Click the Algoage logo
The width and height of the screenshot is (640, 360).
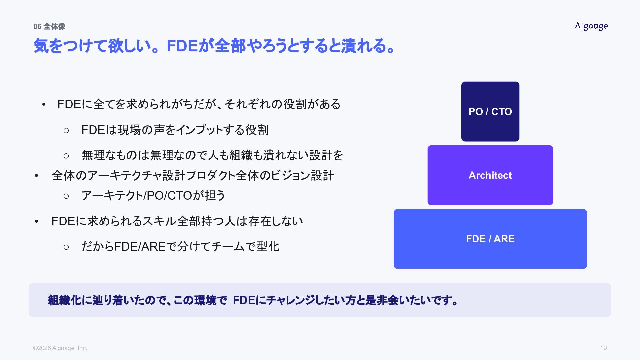pyautogui.click(x=591, y=26)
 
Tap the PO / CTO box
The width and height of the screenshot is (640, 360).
pyautogui.click(x=490, y=111)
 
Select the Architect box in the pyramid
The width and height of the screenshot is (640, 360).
pyautogui.click(x=490, y=175)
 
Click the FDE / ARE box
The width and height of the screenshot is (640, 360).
pyautogui.click(x=490, y=239)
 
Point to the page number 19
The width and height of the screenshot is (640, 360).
pyautogui.click(x=603, y=348)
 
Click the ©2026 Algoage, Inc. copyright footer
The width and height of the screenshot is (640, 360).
pyautogui.click(x=60, y=348)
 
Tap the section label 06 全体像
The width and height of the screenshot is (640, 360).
pyautogui.click(x=49, y=27)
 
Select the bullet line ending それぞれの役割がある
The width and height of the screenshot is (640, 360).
pyautogui.click(x=199, y=104)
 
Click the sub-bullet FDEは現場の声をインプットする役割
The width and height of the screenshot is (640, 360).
pyautogui.click(x=175, y=130)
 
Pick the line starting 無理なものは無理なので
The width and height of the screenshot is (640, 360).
pyautogui.click(x=212, y=155)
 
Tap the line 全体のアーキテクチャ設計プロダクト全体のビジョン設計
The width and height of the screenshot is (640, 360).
pyautogui.click(x=193, y=175)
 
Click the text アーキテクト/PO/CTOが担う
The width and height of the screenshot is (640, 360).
pyautogui.click(x=153, y=195)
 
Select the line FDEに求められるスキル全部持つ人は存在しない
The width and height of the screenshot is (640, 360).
pyautogui.click(x=177, y=221)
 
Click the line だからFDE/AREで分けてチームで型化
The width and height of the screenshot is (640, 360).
pyautogui.click(x=180, y=247)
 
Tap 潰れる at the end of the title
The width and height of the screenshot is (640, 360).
pyautogui.click(x=363, y=46)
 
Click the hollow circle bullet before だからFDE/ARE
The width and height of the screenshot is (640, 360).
pyautogui.click(x=66, y=247)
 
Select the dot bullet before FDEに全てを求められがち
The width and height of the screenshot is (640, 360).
pyautogui.click(x=44, y=105)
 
